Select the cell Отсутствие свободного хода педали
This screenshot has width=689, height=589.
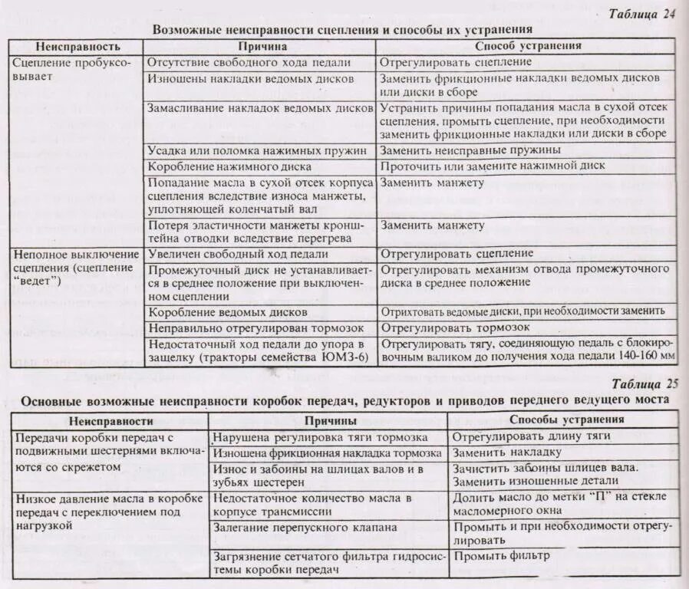click(x=249, y=62)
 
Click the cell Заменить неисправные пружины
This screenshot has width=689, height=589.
click(x=470, y=150)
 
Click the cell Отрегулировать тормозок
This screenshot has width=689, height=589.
click(x=458, y=328)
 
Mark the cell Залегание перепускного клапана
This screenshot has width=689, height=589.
click(x=305, y=527)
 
